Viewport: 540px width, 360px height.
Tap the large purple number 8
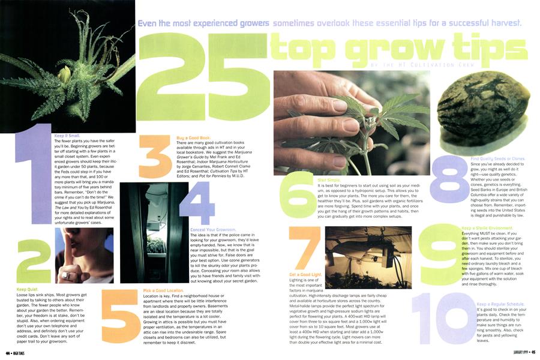pos(448,180)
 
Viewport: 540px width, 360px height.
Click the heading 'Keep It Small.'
pos(67,136)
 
